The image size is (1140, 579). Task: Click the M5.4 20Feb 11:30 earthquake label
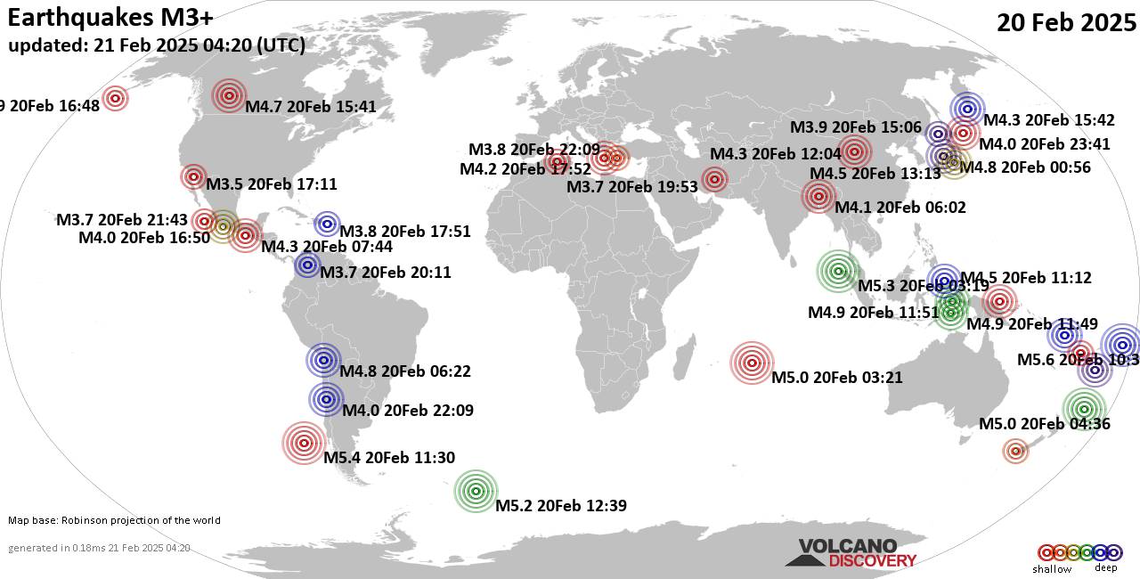coord(389,458)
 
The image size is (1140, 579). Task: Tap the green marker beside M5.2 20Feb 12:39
coord(476,490)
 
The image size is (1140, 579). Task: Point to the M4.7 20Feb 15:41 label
coord(311,107)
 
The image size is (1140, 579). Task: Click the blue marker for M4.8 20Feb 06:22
coord(324,361)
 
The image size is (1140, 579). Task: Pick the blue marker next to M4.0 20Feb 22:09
coord(327,399)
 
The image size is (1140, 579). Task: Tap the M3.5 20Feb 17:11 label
coord(272,184)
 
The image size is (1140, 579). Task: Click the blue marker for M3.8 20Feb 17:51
coord(327,224)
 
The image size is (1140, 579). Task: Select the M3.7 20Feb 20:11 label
coord(386,273)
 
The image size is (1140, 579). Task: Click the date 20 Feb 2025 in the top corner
coord(1066,23)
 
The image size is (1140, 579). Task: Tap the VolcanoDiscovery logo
coord(850,553)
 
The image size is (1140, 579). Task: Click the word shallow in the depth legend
coord(1052,569)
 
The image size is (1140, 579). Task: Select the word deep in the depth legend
coord(1105,568)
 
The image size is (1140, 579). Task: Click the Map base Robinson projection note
coord(114,520)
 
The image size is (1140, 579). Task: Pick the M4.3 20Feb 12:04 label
coord(776,153)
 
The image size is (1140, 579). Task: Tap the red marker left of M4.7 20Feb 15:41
coord(229,95)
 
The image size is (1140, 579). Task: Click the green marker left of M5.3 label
coord(837,272)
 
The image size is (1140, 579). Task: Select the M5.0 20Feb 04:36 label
coord(1044,424)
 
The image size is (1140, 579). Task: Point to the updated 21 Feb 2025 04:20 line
coord(157,45)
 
